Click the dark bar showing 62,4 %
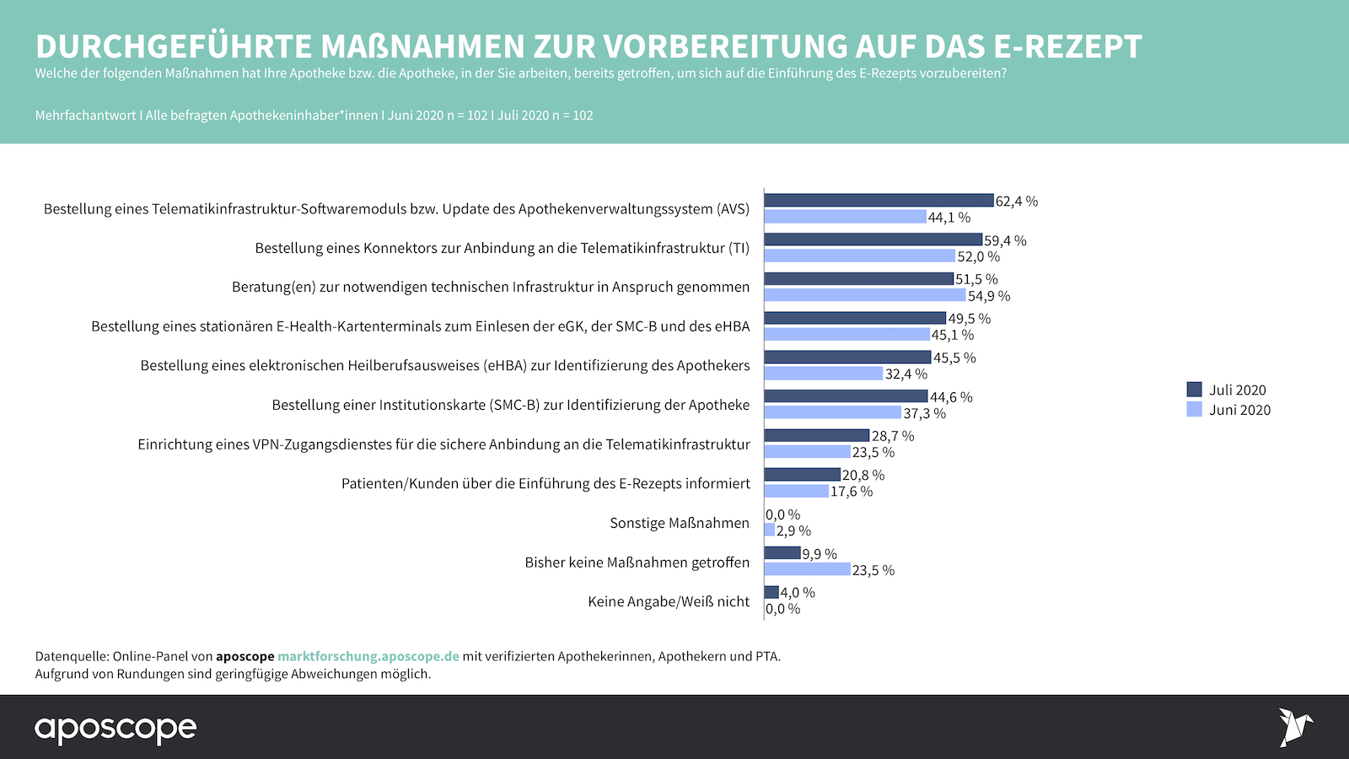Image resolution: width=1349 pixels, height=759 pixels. point(879,201)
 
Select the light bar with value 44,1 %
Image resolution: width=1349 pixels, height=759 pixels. point(845,217)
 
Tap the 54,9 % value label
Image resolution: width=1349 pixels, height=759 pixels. point(988,296)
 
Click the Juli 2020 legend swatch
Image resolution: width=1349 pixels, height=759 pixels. point(1194,390)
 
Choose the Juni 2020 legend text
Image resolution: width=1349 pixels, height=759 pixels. point(1239,410)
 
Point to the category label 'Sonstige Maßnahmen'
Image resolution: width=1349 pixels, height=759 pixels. point(679,523)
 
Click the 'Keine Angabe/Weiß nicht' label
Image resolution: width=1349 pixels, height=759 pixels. point(668,601)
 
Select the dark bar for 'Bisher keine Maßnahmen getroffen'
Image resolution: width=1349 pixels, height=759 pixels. point(782,553)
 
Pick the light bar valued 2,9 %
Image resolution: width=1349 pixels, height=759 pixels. point(770,530)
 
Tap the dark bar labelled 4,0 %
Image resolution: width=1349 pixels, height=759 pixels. point(771,592)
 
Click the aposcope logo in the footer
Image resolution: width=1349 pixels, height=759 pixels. point(116,729)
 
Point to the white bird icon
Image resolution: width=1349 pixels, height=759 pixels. point(1294,727)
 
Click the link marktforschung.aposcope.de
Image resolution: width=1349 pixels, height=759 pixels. point(368,656)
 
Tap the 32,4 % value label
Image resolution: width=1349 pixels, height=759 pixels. point(906,374)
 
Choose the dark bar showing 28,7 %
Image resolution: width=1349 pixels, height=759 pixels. point(816,435)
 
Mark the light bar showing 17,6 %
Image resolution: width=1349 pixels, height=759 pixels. point(796,491)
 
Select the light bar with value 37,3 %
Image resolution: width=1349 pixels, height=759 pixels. point(832,412)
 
